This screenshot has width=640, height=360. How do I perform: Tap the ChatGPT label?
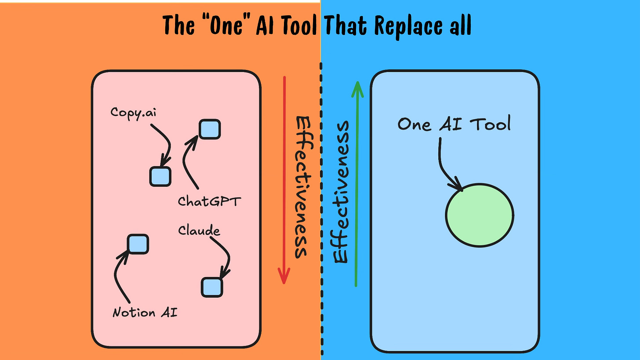click(x=209, y=201)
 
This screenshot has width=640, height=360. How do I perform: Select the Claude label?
click(x=199, y=230)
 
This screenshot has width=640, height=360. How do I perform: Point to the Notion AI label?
click(x=145, y=313)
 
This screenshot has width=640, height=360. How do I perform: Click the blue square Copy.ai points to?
click(x=160, y=176)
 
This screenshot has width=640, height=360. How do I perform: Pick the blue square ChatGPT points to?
click(x=210, y=129)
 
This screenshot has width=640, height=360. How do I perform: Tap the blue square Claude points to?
click(x=212, y=287)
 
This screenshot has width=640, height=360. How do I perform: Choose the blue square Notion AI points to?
click(x=138, y=244)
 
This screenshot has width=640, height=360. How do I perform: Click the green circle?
click(x=480, y=215)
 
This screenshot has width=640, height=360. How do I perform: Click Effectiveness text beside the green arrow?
click(x=341, y=192)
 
